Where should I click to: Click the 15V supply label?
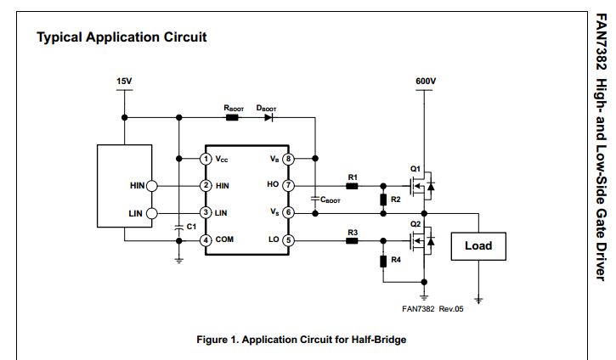tap(124, 82)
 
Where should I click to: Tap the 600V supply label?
tap(426, 82)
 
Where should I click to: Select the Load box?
tap(478, 246)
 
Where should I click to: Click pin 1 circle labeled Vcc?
tap(206, 159)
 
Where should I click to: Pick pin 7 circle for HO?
tap(288, 185)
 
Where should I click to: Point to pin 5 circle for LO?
tap(288, 239)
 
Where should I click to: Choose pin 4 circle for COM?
tap(206, 239)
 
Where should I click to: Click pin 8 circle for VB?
tap(288, 159)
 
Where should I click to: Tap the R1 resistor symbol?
tap(352, 185)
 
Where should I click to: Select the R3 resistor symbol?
tap(352, 240)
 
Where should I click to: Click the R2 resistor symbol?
tap(383, 200)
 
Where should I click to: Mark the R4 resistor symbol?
tap(383, 260)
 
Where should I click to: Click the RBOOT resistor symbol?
tap(233, 117)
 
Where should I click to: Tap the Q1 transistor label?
tap(415, 167)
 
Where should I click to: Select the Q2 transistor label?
tap(415, 224)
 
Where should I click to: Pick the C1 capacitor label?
tap(191, 227)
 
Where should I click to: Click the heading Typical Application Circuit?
tap(122, 37)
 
